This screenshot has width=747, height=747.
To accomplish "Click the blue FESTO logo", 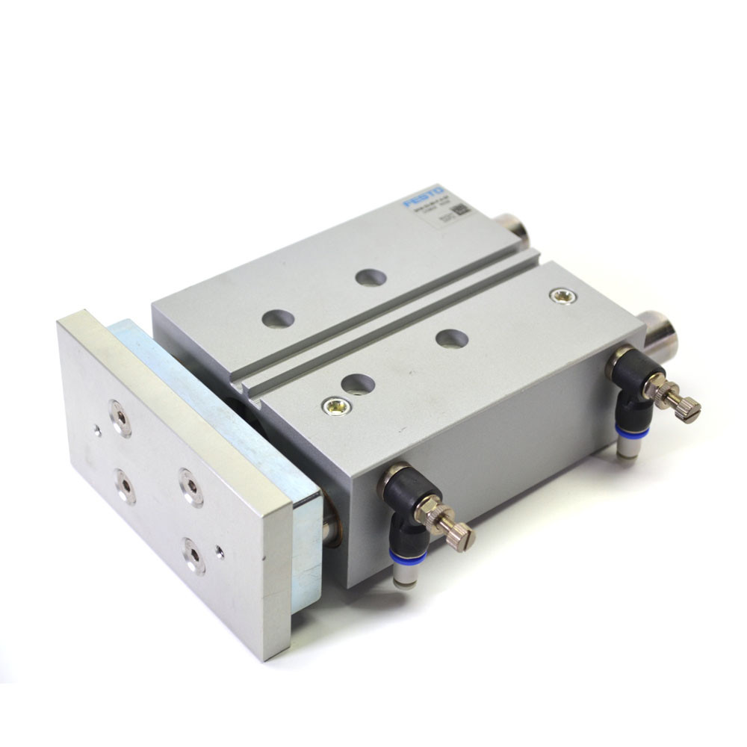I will [x=424, y=198].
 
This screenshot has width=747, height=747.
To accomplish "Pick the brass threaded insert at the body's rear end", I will [x=563, y=296].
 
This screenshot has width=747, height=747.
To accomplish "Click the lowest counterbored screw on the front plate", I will [x=194, y=556].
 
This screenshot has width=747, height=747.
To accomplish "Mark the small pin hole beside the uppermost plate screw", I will [x=97, y=430].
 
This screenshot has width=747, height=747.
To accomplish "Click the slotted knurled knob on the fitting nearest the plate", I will [x=457, y=535].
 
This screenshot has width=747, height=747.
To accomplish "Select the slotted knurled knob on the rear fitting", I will [x=686, y=408].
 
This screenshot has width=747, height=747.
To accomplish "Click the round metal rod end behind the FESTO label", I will [x=512, y=230].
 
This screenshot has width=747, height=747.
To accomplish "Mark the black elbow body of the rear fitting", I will [x=632, y=382].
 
